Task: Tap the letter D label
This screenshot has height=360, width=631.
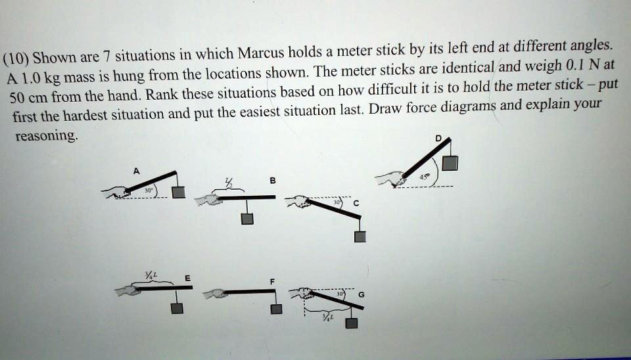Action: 438,137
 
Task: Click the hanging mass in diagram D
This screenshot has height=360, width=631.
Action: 450,163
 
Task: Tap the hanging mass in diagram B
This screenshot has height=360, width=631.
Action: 246,219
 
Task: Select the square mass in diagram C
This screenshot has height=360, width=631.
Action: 359,237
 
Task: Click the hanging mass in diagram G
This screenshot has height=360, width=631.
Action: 352,322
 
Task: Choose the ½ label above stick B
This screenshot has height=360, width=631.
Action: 229,184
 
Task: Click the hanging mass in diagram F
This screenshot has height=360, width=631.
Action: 277,309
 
